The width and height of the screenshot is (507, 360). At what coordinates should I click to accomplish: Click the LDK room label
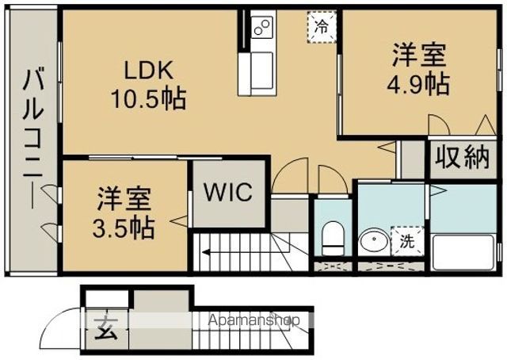pos(149,71)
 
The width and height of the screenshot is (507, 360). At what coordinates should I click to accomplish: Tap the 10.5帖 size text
pos(149,98)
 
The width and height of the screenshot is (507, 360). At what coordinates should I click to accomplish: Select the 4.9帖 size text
pos(418,83)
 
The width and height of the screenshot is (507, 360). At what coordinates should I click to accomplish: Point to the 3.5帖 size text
pos(124,228)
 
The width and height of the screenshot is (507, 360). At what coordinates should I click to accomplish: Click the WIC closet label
pos(228,192)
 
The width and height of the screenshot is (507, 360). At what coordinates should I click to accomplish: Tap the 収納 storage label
pos(462,157)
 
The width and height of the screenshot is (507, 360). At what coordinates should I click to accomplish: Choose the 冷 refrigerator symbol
pos(322,26)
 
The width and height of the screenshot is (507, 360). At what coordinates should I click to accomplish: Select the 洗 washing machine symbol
pos(407,241)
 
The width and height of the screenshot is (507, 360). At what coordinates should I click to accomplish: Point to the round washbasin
pos(375,240)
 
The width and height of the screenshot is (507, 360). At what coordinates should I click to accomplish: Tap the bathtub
pos(463,252)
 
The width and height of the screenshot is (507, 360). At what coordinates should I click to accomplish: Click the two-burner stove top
pos(262,27)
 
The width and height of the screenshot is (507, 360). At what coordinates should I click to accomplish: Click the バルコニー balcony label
pos(33,137)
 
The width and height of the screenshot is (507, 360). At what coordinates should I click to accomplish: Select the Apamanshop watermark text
pos(254,320)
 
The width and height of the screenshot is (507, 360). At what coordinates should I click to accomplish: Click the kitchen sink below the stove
pos(257,74)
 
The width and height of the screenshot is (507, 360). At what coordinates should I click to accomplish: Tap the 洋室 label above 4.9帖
pos(419,56)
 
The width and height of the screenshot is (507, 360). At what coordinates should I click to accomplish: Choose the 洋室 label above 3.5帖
pos(124,199)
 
